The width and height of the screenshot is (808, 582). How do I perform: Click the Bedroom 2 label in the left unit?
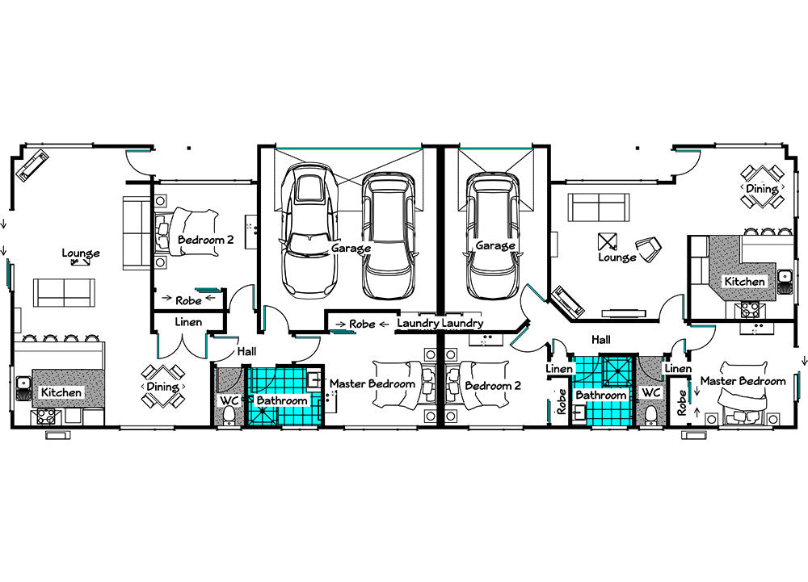(x=205, y=240)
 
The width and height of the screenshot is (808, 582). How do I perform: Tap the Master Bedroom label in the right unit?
(x=743, y=381)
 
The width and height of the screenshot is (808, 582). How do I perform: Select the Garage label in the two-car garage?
(x=351, y=249)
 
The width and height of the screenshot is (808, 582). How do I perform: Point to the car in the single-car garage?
(x=492, y=236)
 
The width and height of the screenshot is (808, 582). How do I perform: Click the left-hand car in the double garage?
(x=309, y=229)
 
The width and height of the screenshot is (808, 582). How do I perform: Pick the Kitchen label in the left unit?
(x=61, y=392)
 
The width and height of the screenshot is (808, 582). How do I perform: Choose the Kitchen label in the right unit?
(x=745, y=282)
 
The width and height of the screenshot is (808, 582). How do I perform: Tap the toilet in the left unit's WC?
(x=229, y=415)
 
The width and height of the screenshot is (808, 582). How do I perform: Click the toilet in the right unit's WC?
(x=651, y=415)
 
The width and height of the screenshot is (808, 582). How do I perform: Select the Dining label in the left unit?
(x=162, y=387)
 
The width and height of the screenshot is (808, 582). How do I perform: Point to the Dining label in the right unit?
(x=762, y=189)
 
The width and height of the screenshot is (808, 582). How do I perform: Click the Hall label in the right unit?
(x=601, y=340)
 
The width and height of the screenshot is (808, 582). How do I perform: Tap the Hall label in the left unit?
(x=246, y=351)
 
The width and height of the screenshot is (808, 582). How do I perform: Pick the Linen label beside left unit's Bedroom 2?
(x=188, y=322)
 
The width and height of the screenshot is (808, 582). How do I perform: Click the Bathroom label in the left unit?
(x=282, y=400)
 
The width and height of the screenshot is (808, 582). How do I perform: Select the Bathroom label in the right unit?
(x=601, y=396)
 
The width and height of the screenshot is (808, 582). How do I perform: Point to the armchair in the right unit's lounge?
(x=649, y=249)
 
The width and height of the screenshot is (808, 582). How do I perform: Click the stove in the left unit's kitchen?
(x=46, y=416)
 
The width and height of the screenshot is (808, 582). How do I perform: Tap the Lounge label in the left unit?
(x=81, y=253)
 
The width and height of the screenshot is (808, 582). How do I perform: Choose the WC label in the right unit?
(x=650, y=392)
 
